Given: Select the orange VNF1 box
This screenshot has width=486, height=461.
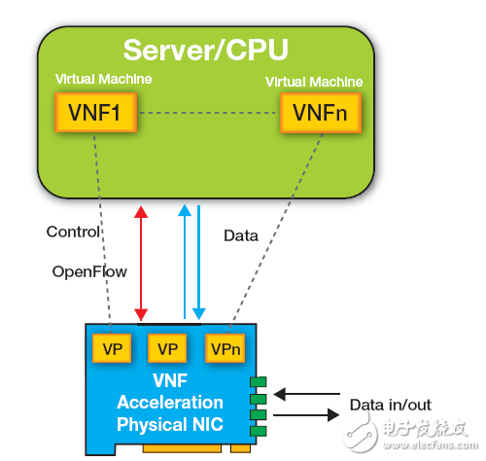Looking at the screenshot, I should (94, 114).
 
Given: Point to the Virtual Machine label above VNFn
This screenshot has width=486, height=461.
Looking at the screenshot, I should (314, 82).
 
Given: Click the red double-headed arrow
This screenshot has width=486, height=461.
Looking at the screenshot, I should (142, 263).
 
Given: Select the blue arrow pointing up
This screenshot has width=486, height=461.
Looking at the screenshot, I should (184, 263).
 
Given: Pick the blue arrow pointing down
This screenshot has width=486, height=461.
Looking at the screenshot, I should (198, 263).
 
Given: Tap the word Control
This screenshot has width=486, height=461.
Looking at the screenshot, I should (72, 231).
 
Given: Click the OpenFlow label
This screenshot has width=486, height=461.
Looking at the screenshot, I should (89, 271).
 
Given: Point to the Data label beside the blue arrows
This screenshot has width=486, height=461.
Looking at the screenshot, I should (240, 235).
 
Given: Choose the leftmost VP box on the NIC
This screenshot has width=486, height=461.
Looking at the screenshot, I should (113, 349).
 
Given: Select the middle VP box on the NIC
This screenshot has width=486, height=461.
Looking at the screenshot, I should (167, 349).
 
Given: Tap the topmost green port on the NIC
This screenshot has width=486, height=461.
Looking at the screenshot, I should (258, 380).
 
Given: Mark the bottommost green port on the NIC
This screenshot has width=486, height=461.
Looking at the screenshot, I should (258, 432).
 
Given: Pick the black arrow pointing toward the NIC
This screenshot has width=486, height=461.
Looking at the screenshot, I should (306, 393).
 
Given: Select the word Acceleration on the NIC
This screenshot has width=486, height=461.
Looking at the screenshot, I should (170, 403).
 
